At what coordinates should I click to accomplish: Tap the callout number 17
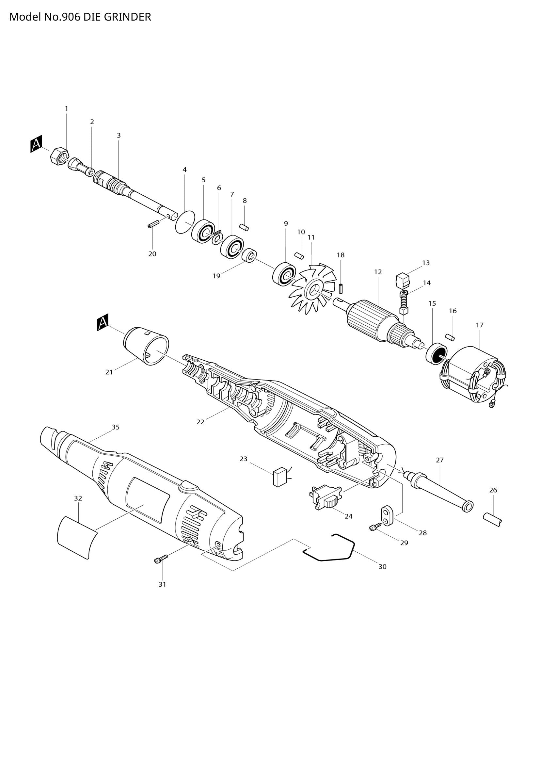[480, 325]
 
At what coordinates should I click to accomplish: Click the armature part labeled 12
[366, 319]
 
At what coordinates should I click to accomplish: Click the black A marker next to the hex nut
[36, 144]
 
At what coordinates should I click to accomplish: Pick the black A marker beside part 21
[103, 324]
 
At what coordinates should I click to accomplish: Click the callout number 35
[115, 427]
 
